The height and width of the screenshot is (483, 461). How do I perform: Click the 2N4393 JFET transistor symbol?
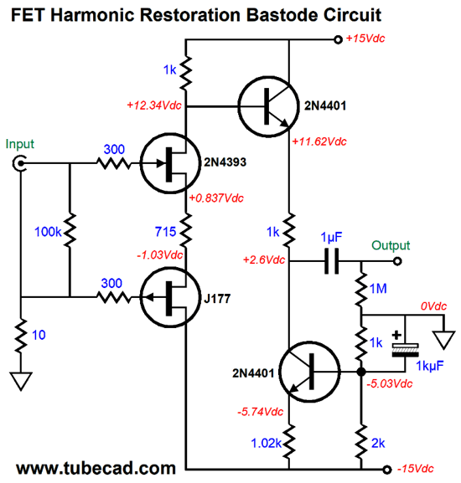pos(170,163)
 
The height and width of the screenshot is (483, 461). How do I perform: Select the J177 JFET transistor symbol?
pos(170,297)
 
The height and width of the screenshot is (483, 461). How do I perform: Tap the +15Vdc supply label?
pos(365,39)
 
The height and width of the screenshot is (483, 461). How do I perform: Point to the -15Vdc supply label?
pos(416,469)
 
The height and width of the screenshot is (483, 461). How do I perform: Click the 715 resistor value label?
pos(165,232)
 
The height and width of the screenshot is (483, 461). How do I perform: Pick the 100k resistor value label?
pos(48,232)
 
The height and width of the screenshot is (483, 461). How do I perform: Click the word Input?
pos(20,144)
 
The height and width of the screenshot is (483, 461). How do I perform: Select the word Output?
pos(391,245)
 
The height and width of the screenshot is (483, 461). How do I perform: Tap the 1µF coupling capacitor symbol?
pos(331,261)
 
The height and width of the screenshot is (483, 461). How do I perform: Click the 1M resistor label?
pos(378,289)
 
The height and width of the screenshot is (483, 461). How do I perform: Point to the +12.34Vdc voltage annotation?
pos(154,105)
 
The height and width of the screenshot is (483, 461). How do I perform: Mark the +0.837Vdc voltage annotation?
pos(216,198)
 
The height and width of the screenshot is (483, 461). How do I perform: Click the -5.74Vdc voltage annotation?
pos(261,412)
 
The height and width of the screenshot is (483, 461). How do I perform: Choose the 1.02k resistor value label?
pos(266,444)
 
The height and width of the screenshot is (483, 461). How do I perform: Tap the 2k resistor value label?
pos(378,444)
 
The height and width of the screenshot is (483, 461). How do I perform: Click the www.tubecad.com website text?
pos(96,468)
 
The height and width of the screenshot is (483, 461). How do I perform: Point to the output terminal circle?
pos(397,261)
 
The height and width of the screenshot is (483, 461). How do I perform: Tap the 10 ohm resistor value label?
pos(39,335)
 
